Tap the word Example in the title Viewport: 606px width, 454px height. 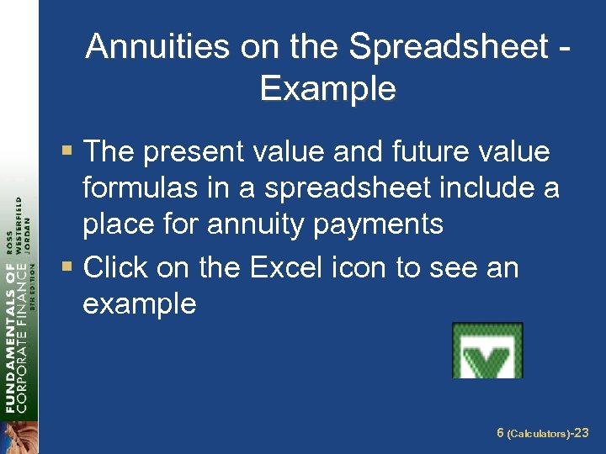327,87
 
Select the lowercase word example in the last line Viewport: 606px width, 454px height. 139,304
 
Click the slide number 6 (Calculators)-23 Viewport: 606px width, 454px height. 542,433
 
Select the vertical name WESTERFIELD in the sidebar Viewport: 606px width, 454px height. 19,227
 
